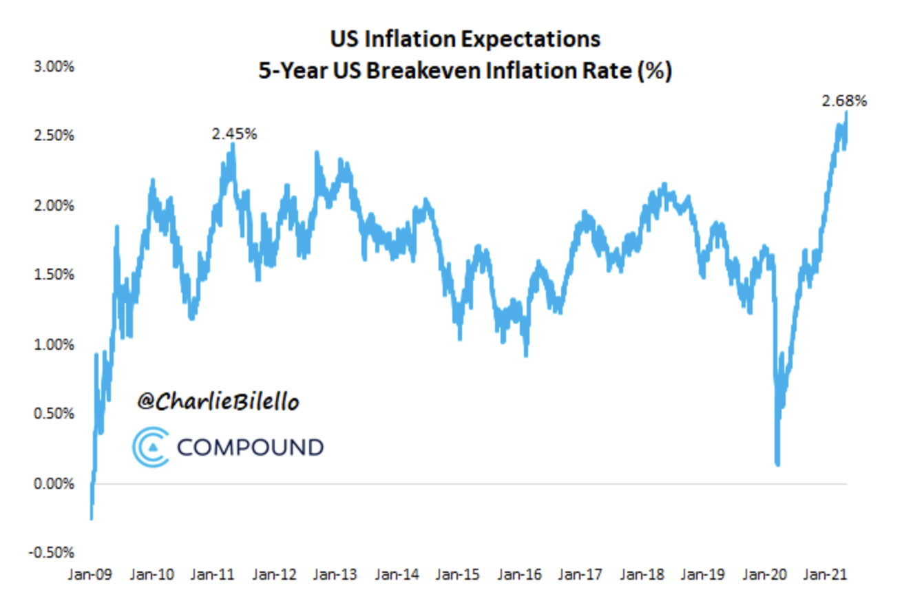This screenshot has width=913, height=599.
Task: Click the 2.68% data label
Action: click(x=844, y=101)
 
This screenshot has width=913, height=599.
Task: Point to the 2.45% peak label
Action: click(x=234, y=134)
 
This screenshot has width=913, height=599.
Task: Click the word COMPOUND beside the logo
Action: click(x=250, y=448)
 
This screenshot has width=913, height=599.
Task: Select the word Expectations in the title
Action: click(x=530, y=40)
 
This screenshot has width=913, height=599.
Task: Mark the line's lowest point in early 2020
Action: click(x=778, y=464)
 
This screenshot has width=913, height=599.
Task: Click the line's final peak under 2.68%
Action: click(x=846, y=114)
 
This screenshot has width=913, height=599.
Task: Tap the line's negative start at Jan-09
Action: click(x=91, y=518)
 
